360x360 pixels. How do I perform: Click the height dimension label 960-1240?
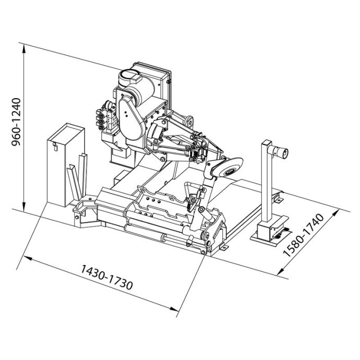[16, 122]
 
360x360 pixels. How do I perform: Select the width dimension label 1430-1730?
[106, 278]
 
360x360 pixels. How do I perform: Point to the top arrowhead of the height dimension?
[24, 48]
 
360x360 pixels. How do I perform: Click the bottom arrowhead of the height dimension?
[24, 207]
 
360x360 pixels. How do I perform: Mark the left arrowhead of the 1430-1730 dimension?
[27, 258]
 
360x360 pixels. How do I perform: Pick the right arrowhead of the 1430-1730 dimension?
[174, 309]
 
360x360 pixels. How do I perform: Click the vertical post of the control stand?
[268, 182]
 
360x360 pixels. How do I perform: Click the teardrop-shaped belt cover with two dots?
[130, 117]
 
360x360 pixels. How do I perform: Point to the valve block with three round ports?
[105, 119]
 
